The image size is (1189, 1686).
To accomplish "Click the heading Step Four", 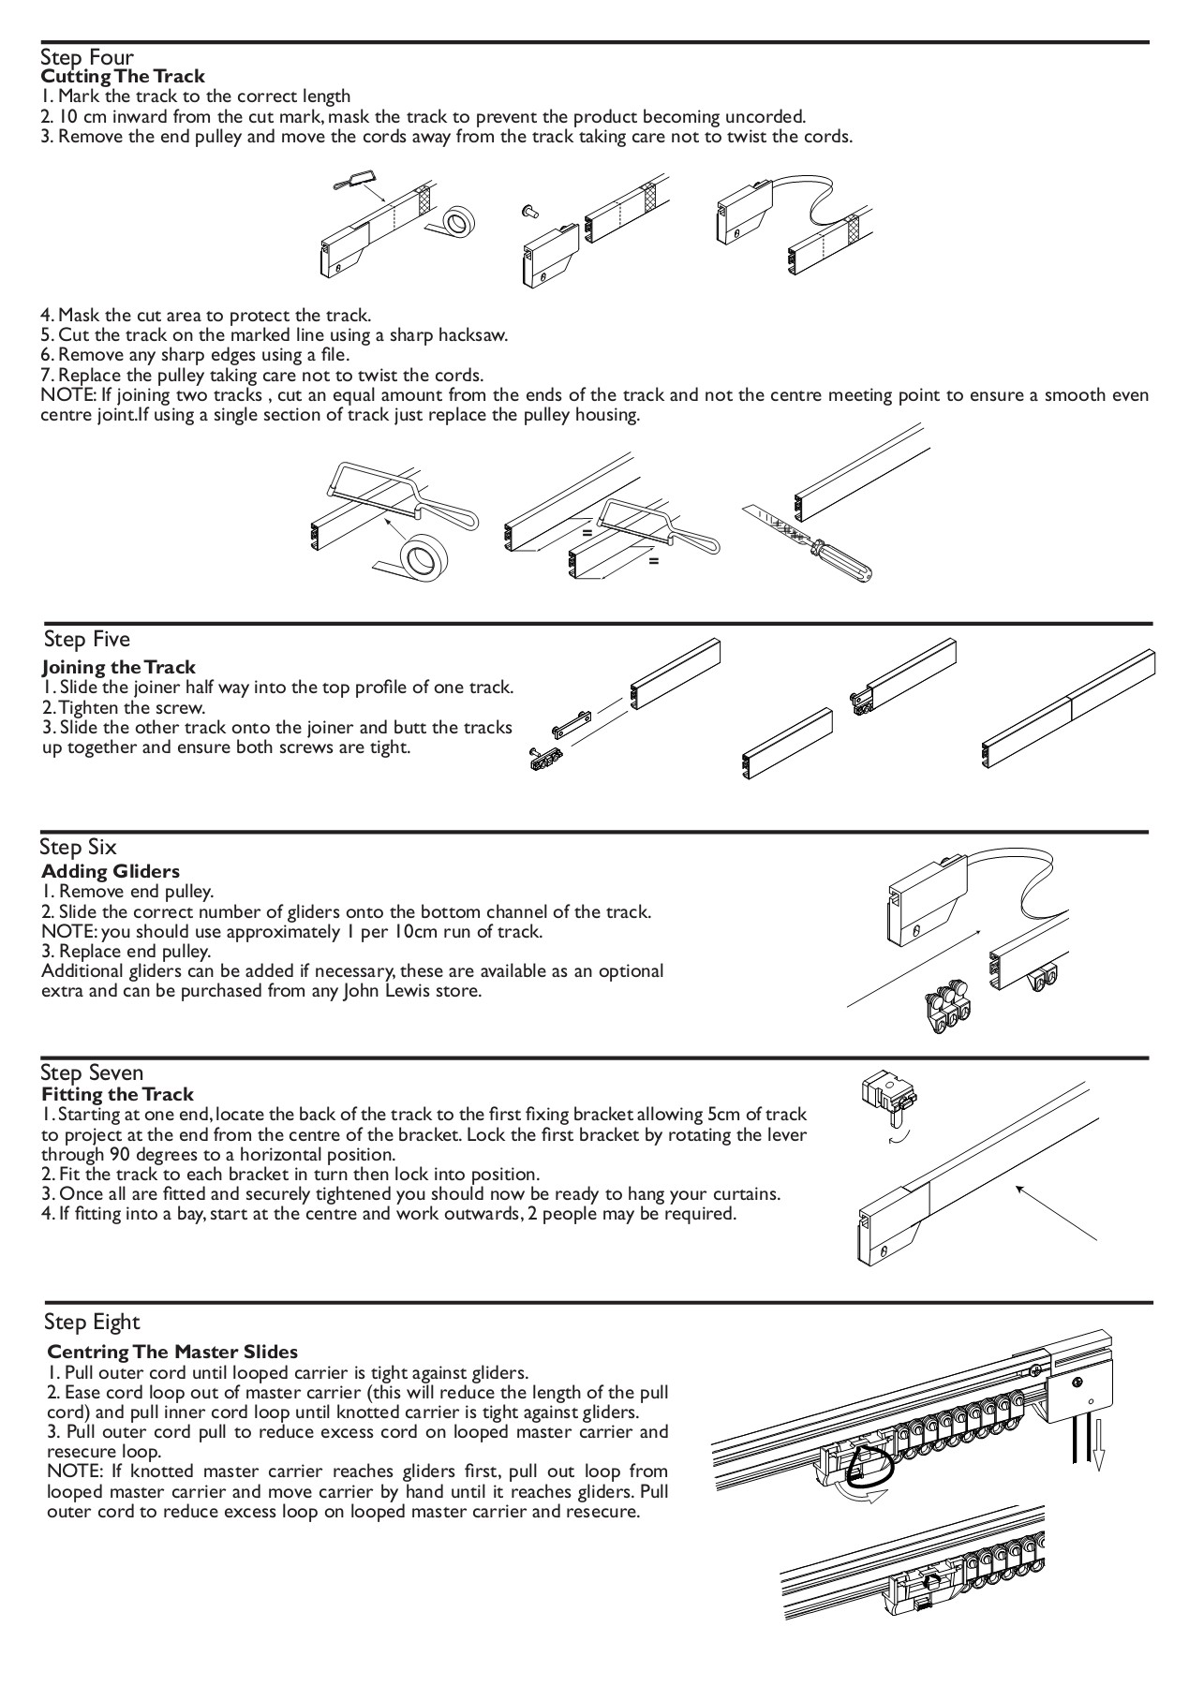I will pos(87,58).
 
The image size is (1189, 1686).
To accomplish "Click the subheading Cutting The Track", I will pos(123,76).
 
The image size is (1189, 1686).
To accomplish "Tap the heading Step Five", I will pos(87,640).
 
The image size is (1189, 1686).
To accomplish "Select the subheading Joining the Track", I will pos(119,667).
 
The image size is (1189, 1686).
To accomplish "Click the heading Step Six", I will pos(78,848).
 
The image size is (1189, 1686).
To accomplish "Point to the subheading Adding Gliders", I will pos(111,872).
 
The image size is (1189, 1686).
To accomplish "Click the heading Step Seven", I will pos(92,1073).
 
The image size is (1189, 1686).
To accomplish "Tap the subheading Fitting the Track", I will pos(118,1094).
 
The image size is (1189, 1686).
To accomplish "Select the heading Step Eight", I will pos(92,1323).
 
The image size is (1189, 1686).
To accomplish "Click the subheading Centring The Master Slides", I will pos(172,1352).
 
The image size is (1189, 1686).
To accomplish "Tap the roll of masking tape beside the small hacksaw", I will pos(459,223).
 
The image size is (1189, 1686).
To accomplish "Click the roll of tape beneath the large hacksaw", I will pos(418,557).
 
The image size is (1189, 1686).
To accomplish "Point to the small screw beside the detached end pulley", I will pos(530,212).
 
